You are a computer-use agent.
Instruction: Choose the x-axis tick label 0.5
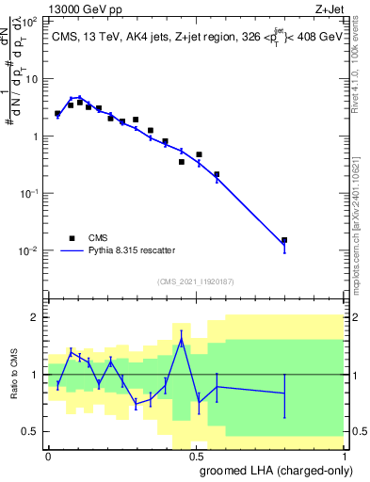click(196, 456)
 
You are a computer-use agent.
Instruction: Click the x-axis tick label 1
click(344, 456)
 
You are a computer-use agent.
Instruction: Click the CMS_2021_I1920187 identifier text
click(195, 281)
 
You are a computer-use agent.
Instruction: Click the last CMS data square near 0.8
click(284, 240)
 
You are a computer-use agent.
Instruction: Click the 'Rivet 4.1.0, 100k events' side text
click(362, 85)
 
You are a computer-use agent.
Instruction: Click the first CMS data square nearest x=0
click(57, 113)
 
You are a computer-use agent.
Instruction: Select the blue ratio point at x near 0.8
click(284, 393)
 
